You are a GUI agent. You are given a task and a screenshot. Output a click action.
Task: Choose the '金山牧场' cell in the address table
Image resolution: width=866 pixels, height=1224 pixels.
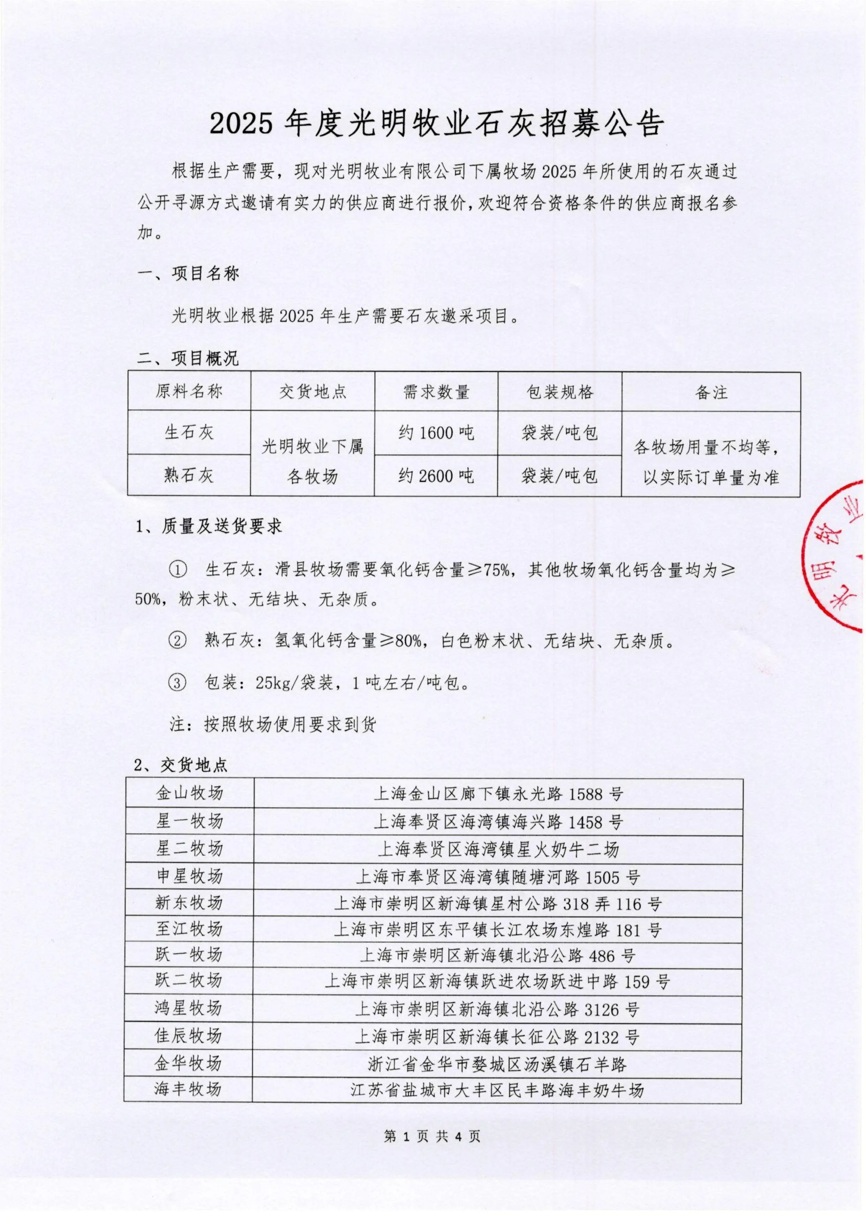click(x=189, y=793)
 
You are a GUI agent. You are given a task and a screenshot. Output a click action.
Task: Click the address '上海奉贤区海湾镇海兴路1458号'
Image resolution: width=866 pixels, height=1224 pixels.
click(x=498, y=822)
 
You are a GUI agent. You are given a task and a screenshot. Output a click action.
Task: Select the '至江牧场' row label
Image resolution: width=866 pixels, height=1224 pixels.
click(x=189, y=930)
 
